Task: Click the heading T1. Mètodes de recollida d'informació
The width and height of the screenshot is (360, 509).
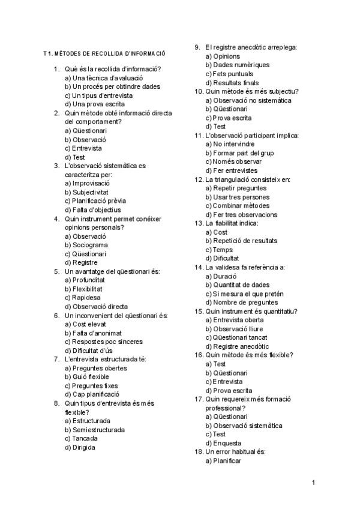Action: click(104, 54)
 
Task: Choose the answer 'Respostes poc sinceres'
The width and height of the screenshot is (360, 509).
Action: click(104, 342)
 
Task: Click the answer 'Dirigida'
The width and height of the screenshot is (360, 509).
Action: click(84, 447)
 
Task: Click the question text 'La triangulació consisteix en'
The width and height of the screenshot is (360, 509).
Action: click(247, 179)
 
